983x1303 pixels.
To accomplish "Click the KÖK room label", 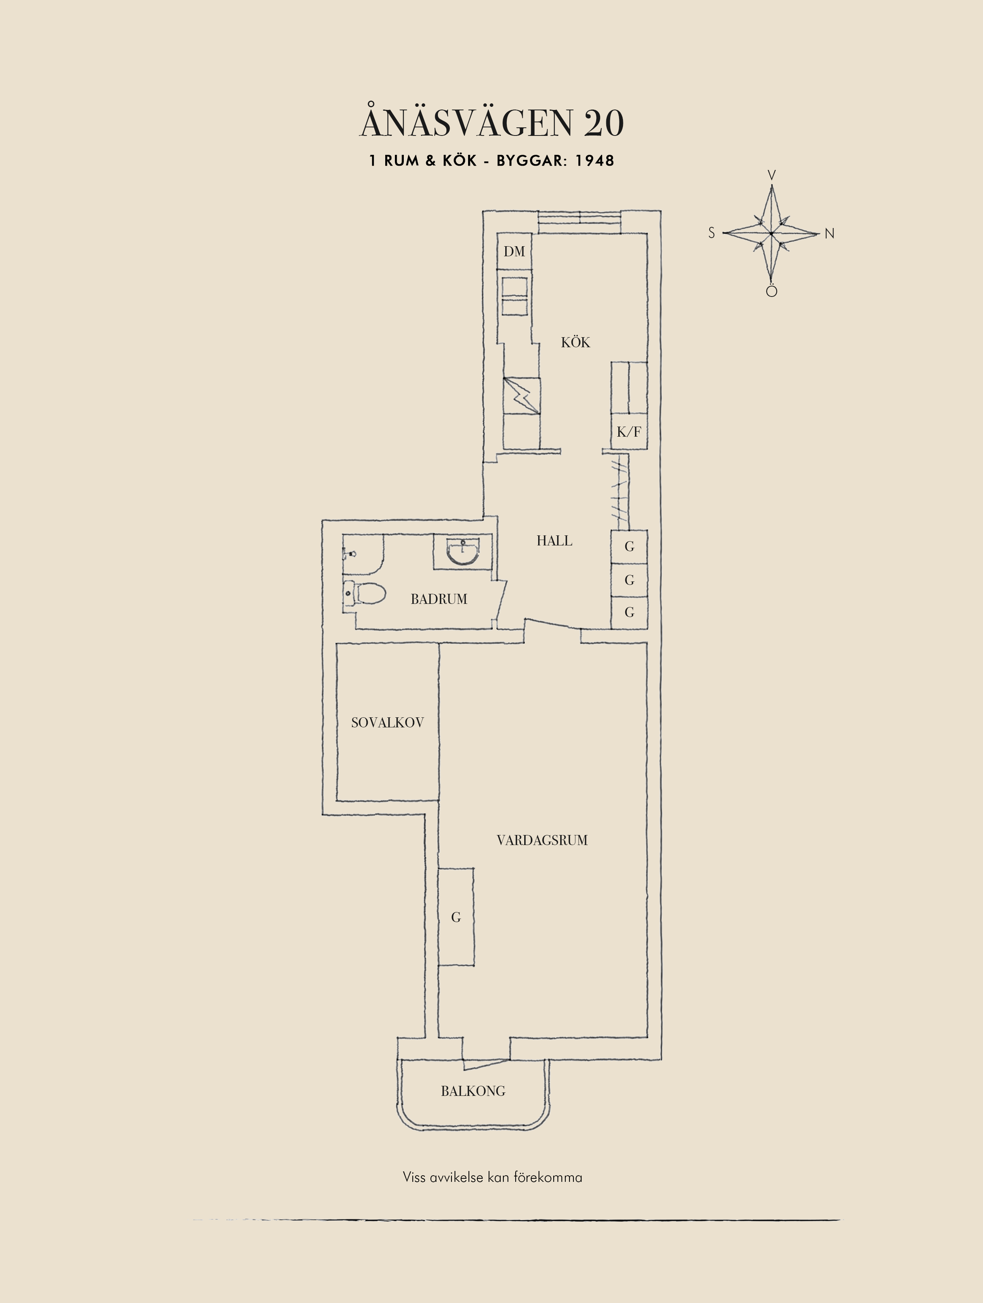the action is (x=575, y=342).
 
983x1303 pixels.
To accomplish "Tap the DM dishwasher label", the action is (x=514, y=252).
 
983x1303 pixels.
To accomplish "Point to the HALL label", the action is (x=554, y=541).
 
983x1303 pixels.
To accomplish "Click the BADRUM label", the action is (x=439, y=599).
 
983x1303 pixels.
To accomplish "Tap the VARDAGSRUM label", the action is (x=542, y=840).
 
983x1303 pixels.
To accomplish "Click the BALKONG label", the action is (x=473, y=1091).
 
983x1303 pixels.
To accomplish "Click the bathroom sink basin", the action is (x=463, y=552).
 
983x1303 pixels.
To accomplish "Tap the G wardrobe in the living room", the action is (x=456, y=917).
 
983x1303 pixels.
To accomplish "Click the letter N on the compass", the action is (x=829, y=234).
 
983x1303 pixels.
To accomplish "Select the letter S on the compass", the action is (x=712, y=233).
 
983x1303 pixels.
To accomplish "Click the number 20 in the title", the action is (x=604, y=124).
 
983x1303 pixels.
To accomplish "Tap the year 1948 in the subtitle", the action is (x=594, y=161).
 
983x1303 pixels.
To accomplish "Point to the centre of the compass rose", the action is (x=772, y=234).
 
